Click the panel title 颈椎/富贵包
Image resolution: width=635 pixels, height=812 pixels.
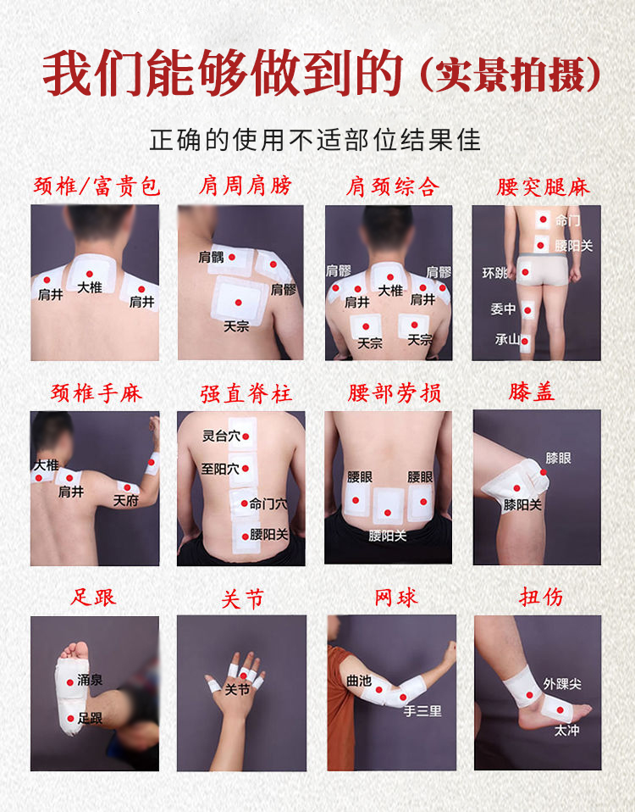(x=97, y=186)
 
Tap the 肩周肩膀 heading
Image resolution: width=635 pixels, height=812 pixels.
(x=246, y=186)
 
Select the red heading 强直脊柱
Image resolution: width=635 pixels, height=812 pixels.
(x=246, y=393)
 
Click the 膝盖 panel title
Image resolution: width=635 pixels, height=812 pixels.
(x=532, y=392)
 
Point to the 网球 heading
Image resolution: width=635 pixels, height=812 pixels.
(x=395, y=598)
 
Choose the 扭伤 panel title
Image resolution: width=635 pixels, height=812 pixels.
(x=541, y=597)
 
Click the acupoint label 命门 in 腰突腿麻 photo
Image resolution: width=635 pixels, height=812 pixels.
(x=567, y=220)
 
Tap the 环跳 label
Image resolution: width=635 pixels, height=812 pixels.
(x=494, y=272)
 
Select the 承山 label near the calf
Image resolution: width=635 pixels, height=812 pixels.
(x=507, y=339)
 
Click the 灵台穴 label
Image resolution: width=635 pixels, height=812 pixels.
(x=221, y=436)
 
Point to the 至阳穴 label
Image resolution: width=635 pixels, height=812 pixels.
(x=220, y=469)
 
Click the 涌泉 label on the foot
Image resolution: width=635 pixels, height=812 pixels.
(x=90, y=680)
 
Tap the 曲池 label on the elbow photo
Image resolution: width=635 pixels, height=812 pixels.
(x=359, y=681)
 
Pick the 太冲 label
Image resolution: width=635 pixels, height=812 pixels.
(x=566, y=730)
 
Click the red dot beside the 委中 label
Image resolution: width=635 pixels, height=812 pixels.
(x=527, y=310)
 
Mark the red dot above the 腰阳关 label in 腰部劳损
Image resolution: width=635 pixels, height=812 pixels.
(x=387, y=513)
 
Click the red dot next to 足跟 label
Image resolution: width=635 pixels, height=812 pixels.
(x=70, y=718)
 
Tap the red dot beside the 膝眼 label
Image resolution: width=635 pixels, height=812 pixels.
(x=544, y=472)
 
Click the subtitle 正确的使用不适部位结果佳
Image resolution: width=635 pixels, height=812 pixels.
(x=316, y=140)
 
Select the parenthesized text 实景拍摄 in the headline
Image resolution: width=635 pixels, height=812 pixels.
(x=511, y=75)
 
